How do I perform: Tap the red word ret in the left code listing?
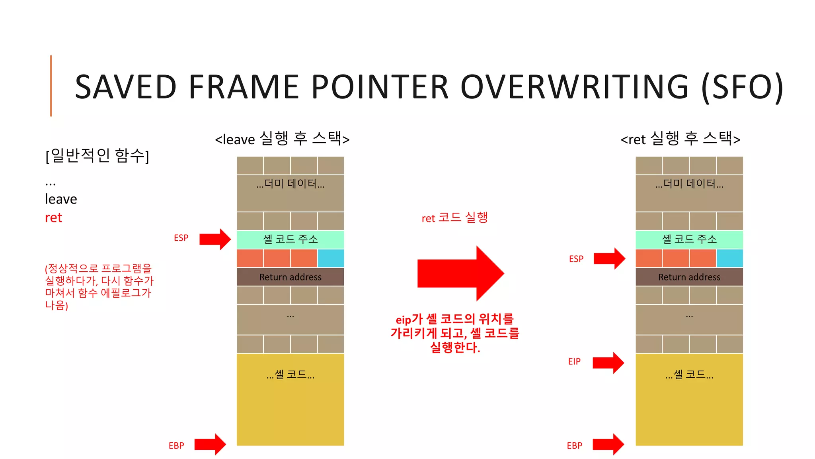pos(54,218)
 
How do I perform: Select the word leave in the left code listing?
pos(61,199)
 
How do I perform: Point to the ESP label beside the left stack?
pos(181,238)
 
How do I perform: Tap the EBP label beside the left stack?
pos(176,445)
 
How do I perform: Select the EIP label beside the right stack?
pos(574,361)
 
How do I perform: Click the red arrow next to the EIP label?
pos(608,363)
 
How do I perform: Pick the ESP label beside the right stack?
pos(576,259)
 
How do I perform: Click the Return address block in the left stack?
pos(290,277)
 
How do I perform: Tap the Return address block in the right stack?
pos(689,277)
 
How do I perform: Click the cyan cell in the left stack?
pos(331,258)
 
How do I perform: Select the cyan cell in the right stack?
pos(729,258)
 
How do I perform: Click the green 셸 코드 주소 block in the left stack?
pos(290,239)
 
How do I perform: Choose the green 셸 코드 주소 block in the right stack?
pos(689,239)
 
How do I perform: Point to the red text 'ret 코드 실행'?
pos(454,218)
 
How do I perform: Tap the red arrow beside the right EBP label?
pos(608,444)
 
